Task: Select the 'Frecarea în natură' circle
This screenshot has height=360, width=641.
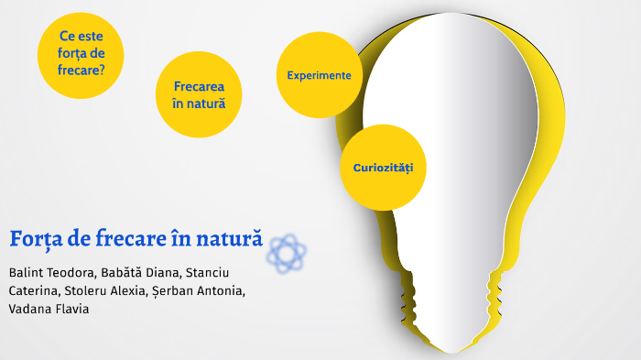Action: pos(199,94)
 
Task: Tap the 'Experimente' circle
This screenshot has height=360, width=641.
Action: pos(319,75)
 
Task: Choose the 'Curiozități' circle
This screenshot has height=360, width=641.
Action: pos(384,168)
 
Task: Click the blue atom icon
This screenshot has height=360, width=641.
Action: pos(286,252)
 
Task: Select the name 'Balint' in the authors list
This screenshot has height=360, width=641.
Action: pos(27,273)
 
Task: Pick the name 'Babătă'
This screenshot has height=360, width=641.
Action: pos(136,273)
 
